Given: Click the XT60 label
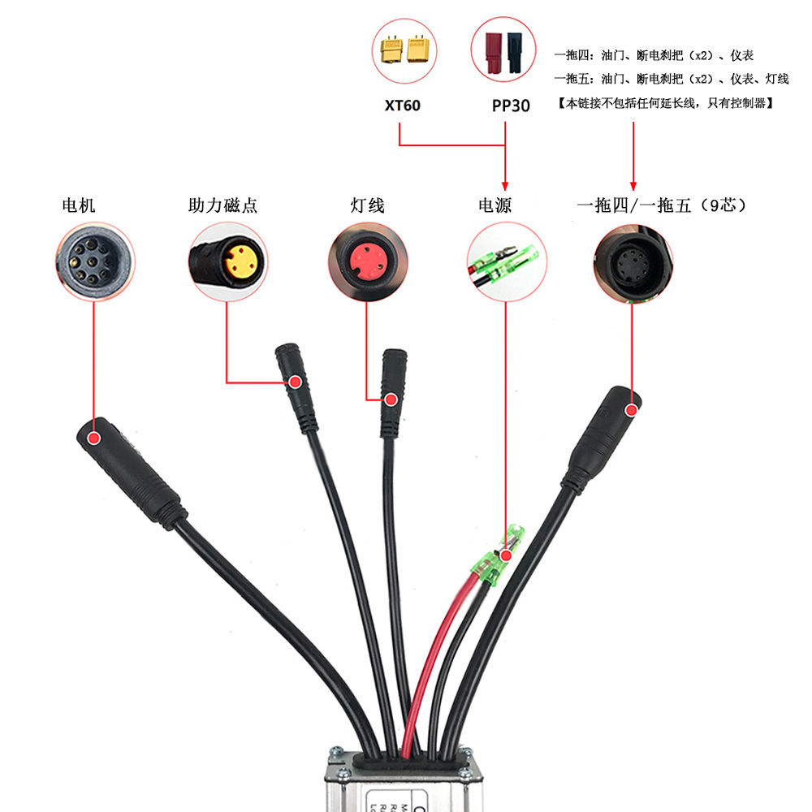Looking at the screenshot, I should pos(402,106).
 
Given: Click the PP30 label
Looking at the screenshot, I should pos(511,106).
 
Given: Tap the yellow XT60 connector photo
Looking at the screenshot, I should pos(404,52).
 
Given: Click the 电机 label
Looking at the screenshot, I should pos(79,205).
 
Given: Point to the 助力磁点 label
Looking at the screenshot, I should pos(222,205).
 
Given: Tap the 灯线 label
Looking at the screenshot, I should pos(368,205).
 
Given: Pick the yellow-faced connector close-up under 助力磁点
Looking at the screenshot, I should pos(228,262).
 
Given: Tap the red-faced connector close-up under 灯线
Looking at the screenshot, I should pos(367,262).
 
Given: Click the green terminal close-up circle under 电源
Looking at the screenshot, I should pos(506,262).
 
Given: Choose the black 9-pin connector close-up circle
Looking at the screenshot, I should pos(633,262).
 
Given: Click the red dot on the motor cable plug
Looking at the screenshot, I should pos(94,438).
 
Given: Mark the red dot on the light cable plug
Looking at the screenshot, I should pos(391,400).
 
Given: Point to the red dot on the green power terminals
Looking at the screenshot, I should pos(506,556).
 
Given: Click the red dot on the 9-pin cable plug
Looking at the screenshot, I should pos(631,412).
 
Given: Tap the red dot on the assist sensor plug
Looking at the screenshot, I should pos(296,381).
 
